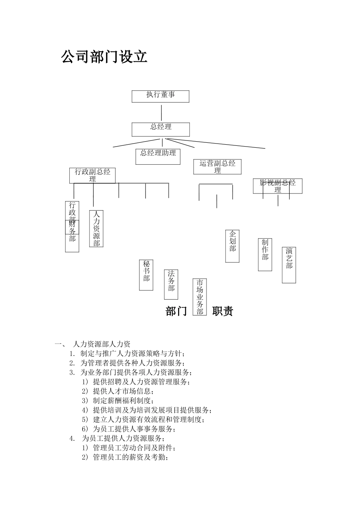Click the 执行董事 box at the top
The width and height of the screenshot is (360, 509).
coord(160,96)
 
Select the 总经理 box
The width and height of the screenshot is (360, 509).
coord(161,129)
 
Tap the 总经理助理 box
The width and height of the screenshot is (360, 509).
coord(158,156)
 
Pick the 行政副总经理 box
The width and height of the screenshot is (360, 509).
coord(92,175)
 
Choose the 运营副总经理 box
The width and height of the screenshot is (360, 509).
coord(217,167)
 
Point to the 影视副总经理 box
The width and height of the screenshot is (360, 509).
coord(277,186)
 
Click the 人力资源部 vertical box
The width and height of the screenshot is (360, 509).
coord(96,229)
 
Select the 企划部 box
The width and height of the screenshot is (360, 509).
coord(232,246)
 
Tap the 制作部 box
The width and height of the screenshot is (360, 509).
coord(265,254)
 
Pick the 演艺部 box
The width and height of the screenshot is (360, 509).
coord(289,265)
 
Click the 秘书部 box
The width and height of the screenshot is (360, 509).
coord(146,275)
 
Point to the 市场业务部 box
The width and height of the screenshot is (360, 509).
coord(200,297)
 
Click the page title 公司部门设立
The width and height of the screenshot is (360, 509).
coord(104,57)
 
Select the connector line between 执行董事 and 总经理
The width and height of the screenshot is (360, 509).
coord(161,112)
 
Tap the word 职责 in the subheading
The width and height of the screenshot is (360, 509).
coord(222,311)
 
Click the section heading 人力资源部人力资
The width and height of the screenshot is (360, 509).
coord(101,344)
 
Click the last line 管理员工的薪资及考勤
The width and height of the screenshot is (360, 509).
coord(130,457)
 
